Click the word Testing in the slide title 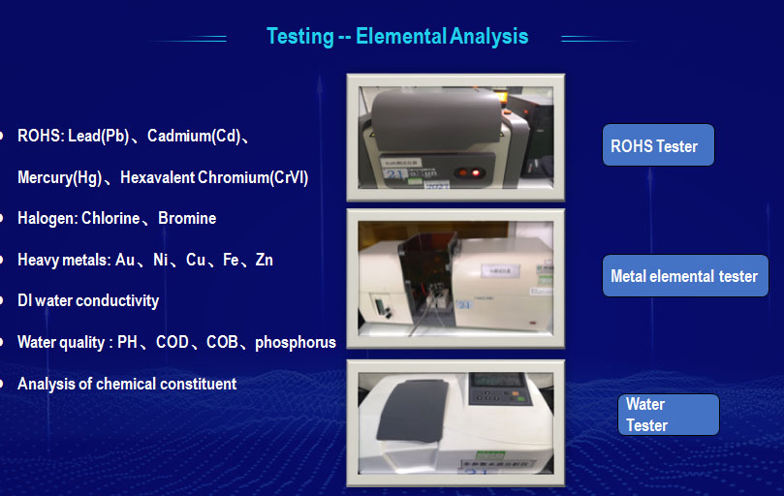click(300, 37)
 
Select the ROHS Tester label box click(658, 145)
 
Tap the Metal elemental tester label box click(685, 275)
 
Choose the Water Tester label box click(669, 415)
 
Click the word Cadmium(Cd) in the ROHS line click(194, 136)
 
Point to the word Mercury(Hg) click(59, 177)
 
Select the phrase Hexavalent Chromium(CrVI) click(214, 177)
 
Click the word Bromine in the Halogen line click(187, 219)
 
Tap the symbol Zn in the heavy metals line click(264, 260)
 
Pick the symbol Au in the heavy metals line click(125, 260)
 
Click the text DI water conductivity click(88, 300)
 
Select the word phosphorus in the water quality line click(296, 343)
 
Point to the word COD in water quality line click(172, 342)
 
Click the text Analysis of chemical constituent click(127, 384)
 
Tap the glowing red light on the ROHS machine click(476, 173)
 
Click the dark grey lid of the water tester click(413, 410)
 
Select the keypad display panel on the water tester click(498, 388)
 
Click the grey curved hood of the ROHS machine click(436, 119)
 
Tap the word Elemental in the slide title click(401, 37)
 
